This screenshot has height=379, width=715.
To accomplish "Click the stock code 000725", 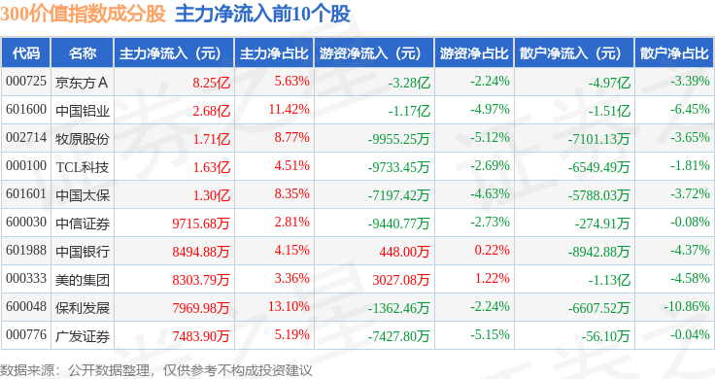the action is point(26,82).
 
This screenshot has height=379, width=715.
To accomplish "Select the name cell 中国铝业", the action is point(83,111).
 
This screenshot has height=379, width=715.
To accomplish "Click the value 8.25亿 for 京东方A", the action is point(211,83).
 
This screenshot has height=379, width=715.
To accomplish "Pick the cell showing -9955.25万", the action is point(399,139).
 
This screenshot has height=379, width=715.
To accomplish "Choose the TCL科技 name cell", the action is point(83,167).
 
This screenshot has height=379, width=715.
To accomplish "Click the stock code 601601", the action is point(26,193).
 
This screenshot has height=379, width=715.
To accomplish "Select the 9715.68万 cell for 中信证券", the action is point(201,224).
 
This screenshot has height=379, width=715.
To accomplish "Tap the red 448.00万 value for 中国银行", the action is point(404,252).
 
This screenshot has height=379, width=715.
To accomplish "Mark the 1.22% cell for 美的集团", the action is point(492,278).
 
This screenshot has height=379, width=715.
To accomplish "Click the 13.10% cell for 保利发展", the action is point(289,306).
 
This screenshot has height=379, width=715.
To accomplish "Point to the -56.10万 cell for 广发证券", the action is point(605,336).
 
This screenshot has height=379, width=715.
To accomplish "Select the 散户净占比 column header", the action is point(674,53).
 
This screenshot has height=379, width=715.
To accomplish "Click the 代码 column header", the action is point(26,53).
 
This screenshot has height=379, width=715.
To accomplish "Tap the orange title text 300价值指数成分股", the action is point(83,14).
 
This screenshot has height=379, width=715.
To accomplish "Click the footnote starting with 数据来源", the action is point(156,370).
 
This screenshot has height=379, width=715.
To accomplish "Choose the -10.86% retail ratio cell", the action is point(686,306).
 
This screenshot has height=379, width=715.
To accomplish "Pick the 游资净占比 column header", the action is point(474,53).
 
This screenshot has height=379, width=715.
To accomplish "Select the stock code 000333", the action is point(26,278).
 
